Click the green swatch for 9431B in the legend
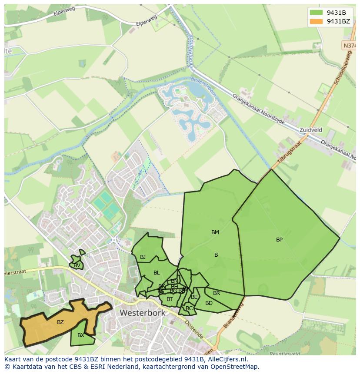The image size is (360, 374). pyautogui.click(x=316, y=13)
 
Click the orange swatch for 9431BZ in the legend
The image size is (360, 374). pyautogui.click(x=316, y=21)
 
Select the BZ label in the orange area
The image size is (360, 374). pyautogui.click(x=60, y=322)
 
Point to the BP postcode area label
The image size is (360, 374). pyautogui.click(x=279, y=240)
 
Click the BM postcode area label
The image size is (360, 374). pyautogui.click(x=215, y=232)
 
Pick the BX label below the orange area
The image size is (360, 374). pyautogui.click(x=81, y=335)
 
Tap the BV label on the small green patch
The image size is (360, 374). pyautogui.click(x=77, y=265)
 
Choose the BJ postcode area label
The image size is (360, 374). pyautogui.click(x=143, y=257)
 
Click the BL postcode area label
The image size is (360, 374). pyautogui.click(x=157, y=273)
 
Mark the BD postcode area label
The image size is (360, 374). pyautogui.click(x=209, y=303)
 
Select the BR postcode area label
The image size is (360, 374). pyautogui.click(x=217, y=293)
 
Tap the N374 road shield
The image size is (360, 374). pyautogui.click(x=349, y=46)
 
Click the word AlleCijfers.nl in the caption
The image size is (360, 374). pyautogui.click(x=227, y=360)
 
